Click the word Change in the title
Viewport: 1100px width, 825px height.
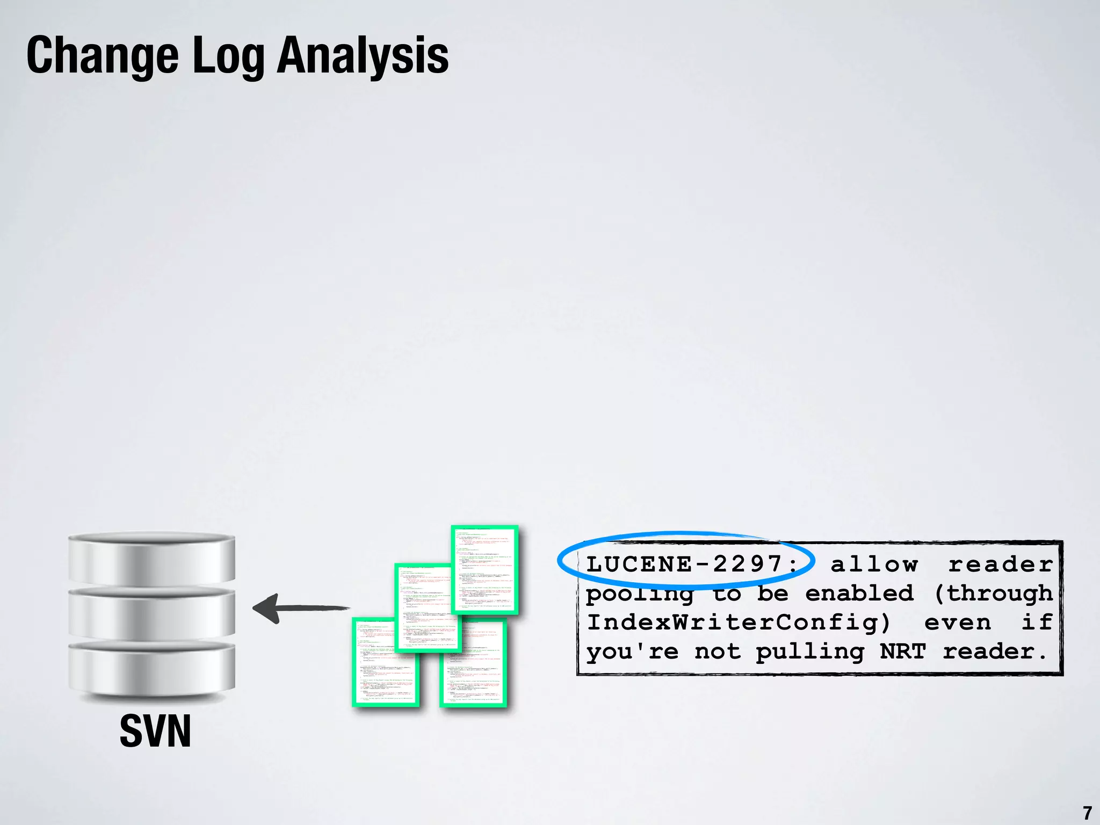tap(102, 56)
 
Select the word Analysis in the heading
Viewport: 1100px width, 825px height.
tap(363, 56)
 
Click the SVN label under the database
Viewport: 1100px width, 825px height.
tap(155, 731)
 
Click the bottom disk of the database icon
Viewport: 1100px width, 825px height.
tap(151, 669)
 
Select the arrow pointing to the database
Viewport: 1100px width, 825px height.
tap(301, 609)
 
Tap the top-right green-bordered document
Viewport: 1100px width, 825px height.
tap(484, 569)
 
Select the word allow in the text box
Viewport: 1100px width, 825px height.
tap(874, 564)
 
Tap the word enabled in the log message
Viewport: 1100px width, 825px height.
tap(859, 593)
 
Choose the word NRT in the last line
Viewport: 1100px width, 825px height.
tap(903, 651)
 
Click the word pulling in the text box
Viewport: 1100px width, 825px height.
tap(809, 652)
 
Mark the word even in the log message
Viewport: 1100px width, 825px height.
tap(958, 622)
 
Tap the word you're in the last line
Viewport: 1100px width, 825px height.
tap(632, 652)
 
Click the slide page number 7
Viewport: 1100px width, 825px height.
tap(1087, 813)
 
